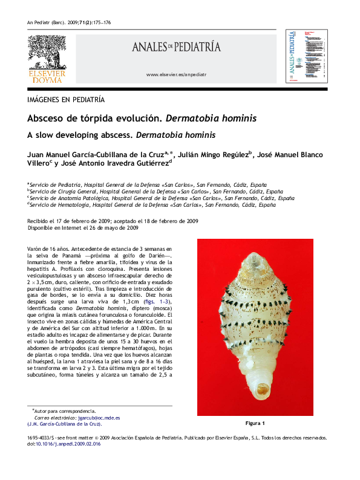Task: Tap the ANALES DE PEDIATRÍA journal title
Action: [177, 47]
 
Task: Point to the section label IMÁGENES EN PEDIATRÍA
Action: [66, 99]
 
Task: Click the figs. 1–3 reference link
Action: [160, 301]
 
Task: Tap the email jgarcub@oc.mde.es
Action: [99, 418]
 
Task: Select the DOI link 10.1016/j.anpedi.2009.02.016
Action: [68, 444]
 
